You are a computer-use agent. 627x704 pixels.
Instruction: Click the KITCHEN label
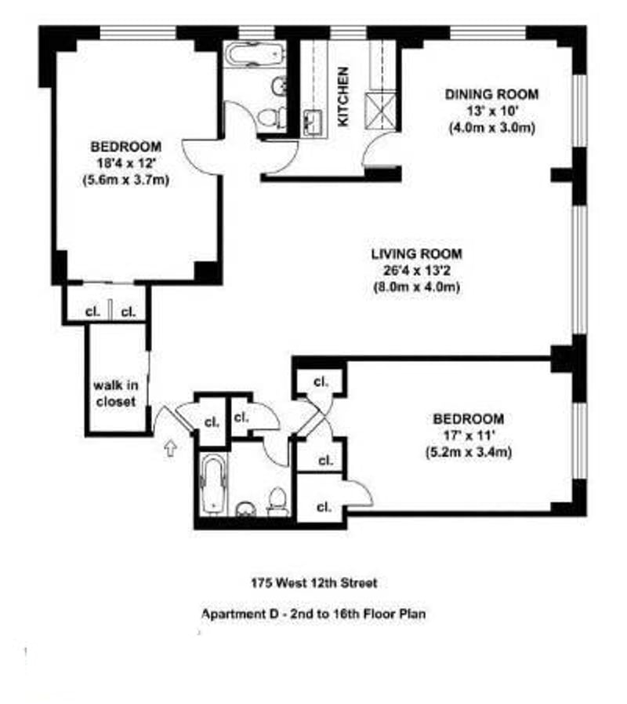point(342,96)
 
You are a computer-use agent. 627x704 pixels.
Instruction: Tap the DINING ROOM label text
point(491,94)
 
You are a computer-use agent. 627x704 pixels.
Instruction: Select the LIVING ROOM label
point(417,254)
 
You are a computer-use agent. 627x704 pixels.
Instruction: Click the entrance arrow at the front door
point(170,447)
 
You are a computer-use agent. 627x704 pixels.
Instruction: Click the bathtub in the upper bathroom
point(254,55)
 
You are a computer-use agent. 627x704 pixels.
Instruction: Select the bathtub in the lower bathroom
point(213,485)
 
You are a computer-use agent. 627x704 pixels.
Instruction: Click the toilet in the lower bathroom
point(278,502)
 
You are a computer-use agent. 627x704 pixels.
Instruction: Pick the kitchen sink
point(313,122)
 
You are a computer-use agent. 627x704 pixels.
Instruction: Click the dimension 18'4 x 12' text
point(126,163)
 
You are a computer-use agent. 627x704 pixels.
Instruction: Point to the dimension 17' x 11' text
point(468,436)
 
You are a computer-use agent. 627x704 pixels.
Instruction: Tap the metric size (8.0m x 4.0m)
point(417,287)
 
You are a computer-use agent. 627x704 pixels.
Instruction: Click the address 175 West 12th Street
point(314,583)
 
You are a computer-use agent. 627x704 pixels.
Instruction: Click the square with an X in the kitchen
point(381,111)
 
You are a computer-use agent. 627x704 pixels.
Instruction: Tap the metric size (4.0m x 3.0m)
point(492,128)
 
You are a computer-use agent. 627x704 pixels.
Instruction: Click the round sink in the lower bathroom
point(245,509)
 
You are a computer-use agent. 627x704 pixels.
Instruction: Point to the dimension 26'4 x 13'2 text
point(417,271)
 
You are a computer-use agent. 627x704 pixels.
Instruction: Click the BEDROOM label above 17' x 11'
point(468,419)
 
